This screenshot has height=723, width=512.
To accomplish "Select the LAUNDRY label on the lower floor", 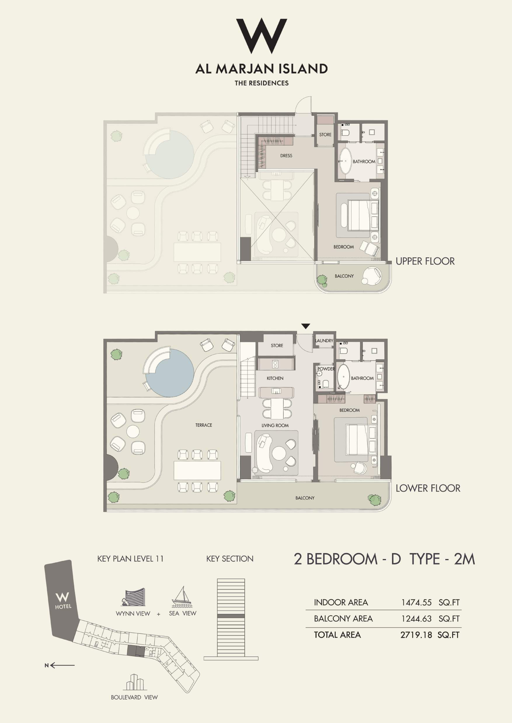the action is (x=324, y=341).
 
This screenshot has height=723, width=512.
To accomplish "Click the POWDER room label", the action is (x=326, y=369).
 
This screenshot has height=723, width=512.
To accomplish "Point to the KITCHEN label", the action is (x=275, y=378).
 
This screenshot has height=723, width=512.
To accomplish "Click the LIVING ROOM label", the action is (x=275, y=425).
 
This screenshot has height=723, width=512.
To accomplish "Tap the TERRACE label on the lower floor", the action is (x=204, y=425).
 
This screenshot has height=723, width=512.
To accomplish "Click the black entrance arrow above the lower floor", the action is (x=306, y=326).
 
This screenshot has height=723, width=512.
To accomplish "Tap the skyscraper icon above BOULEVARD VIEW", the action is (x=135, y=682).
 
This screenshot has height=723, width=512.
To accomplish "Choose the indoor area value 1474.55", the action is (x=416, y=602).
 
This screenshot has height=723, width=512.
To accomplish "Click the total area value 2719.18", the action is (x=416, y=635).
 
